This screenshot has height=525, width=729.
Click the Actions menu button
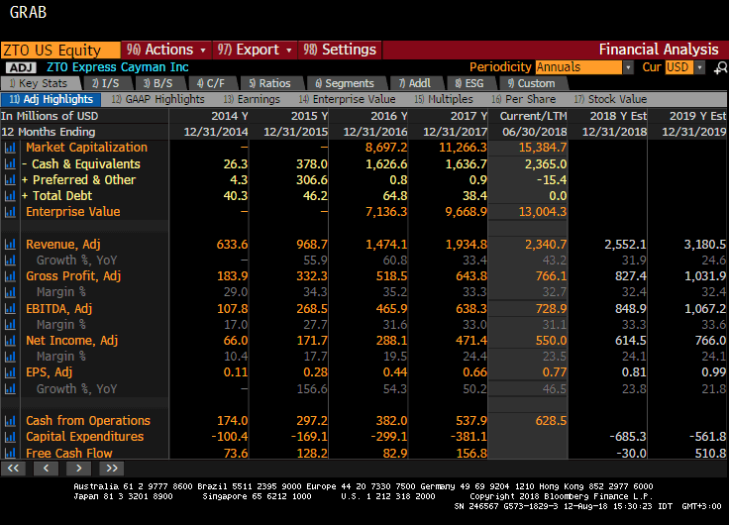click(165, 50)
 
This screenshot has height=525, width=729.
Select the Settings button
click(340, 50)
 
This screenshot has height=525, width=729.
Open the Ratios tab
click(269, 83)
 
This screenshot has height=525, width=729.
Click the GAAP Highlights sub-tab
click(157, 99)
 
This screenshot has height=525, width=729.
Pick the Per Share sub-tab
click(529, 99)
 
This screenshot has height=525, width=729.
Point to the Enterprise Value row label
click(72, 212)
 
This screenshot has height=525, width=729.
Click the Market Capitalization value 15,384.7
click(539, 148)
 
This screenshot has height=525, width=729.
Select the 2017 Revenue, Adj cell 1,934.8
click(456, 244)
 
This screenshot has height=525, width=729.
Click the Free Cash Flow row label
click(69, 453)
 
